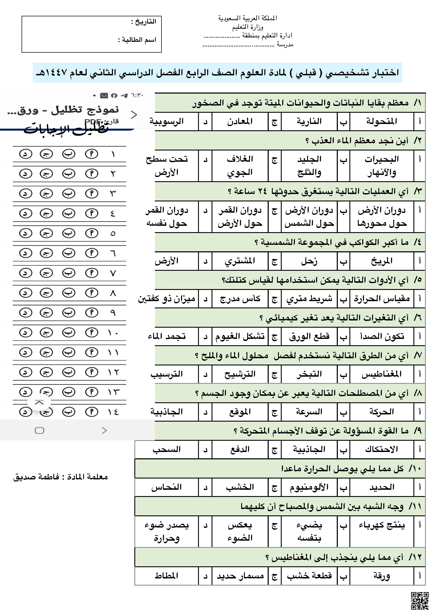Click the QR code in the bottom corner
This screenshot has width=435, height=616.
[x=420, y=601]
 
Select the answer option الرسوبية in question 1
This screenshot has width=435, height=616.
[x=166, y=122]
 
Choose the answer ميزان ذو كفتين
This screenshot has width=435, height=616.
[x=166, y=299]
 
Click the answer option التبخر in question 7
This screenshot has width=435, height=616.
[x=309, y=374]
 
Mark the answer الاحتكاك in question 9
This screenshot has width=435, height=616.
[x=382, y=449]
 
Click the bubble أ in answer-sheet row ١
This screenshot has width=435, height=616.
[x=91, y=154]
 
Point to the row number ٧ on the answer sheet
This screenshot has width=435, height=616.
[x=113, y=273]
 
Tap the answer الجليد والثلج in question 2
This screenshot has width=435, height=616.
[x=309, y=166]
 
